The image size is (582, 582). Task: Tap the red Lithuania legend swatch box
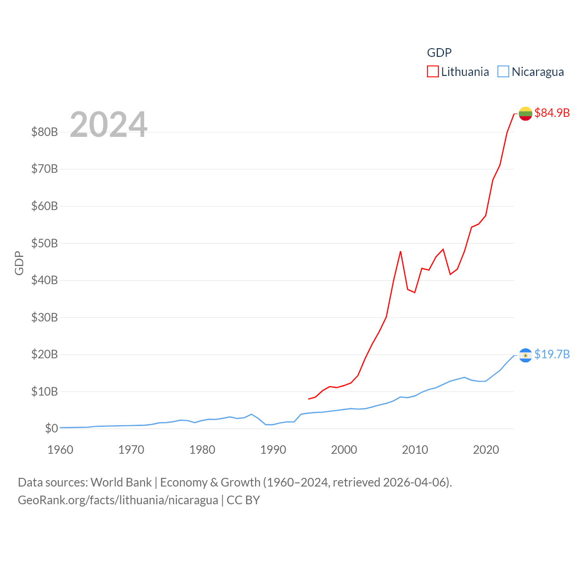click(x=433, y=72)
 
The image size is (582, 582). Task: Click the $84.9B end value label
click(x=552, y=113)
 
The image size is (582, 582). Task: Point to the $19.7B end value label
click(x=552, y=354)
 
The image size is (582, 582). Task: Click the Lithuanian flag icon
click(x=526, y=114)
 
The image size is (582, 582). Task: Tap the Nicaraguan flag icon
click(x=526, y=355)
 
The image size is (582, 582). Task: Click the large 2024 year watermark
click(x=109, y=125)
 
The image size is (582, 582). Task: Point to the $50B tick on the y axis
click(x=45, y=243)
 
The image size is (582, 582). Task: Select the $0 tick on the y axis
click(x=51, y=428)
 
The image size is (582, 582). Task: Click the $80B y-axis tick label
click(x=45, y=132)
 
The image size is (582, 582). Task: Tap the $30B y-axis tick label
click(x=45, y=317)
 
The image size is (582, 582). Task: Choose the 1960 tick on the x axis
click(x=60, y=450)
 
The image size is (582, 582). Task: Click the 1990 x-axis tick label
click(x=273, y=450)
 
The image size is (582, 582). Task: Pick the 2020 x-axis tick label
click(x=486, y=450)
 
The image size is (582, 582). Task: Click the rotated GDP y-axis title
click(x=19, y=263)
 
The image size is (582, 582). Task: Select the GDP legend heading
click(x=439, y=53)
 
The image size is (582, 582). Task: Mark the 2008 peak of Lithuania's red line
click(x=401, y=251)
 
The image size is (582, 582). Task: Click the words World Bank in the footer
click(x=121, y=482)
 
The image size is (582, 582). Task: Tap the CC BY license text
click(x=243, y=500)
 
